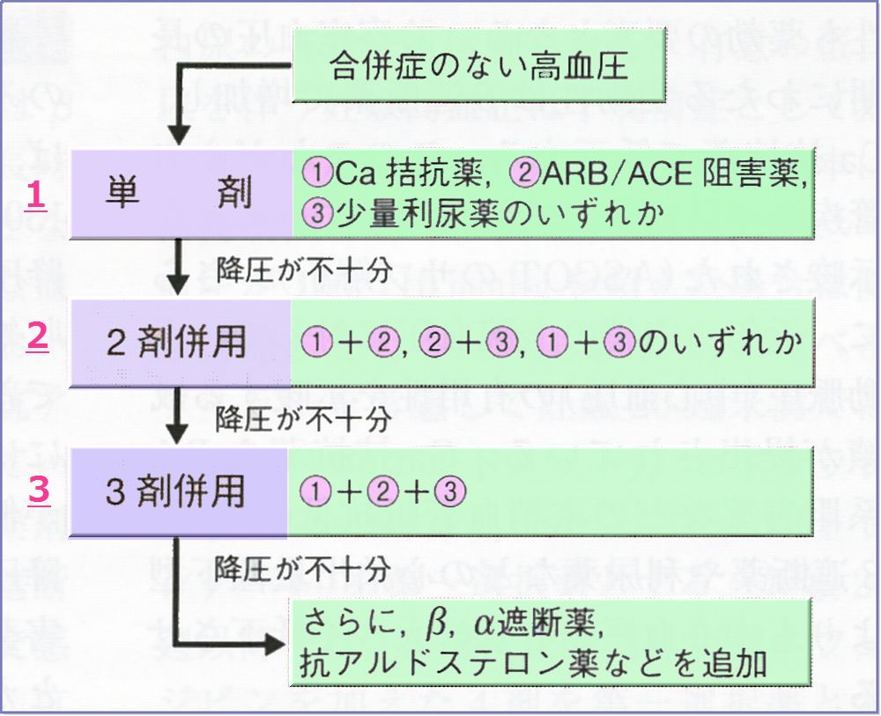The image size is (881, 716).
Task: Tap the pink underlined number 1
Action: (36, 196)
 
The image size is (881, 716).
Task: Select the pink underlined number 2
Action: (37, 339)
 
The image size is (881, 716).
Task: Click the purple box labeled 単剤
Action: (181, 194)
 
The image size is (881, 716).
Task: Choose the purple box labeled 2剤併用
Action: (180, 342)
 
